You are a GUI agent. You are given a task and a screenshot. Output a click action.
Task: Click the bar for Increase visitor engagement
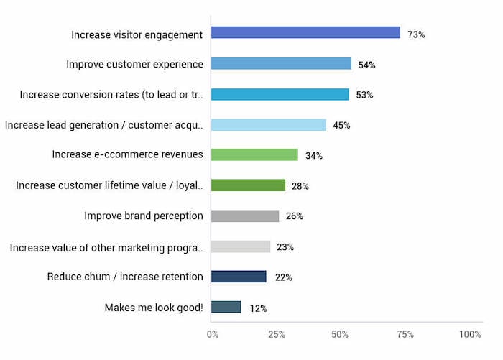tap(305, 33)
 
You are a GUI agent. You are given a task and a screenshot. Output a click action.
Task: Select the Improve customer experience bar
tap(281, 64)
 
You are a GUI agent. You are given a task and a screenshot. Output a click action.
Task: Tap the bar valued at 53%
tap(280, 94)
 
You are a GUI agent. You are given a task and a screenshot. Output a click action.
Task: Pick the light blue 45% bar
tap(269, 125)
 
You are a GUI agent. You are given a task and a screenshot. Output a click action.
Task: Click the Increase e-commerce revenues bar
tap(254, 154)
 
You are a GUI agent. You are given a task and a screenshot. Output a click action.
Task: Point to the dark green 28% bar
tap(248, 185)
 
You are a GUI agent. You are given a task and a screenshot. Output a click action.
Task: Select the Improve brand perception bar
tap(245, 216)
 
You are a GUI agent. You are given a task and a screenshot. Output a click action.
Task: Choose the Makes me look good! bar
tap(226, 308)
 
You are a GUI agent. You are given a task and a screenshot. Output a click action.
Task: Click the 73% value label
tap(416, 34)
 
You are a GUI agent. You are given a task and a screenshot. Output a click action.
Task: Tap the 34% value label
tap(314, 156)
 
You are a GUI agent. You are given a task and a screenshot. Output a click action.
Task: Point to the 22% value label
tap(284, 277)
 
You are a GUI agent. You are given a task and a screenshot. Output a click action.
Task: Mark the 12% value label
tap(259, 309)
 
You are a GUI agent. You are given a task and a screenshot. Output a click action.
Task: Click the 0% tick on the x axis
tap(213, 335)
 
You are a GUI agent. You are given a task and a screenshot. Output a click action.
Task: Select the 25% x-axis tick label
tap(277, 335)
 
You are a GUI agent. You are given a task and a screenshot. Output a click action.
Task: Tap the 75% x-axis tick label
tap(405, 335)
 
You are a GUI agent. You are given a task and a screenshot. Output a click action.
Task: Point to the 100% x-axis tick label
tap(470, 335)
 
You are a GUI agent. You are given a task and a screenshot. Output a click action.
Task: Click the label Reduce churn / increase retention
tap(125, 277)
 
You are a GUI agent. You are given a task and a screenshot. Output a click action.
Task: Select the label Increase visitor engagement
tap(137, 34)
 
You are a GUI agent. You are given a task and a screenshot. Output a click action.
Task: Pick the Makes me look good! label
tap(154, 308)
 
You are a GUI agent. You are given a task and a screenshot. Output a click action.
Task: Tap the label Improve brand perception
tap(144, 216)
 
